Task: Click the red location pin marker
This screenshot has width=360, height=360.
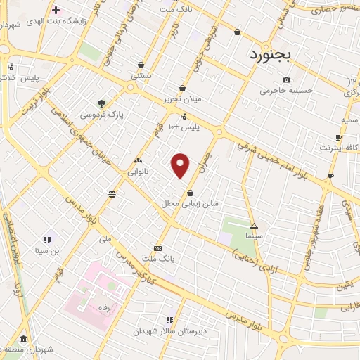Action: pyautogui.click(x=181, y=165)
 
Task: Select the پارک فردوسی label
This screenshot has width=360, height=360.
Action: pyautogui.click(x=101, y=113)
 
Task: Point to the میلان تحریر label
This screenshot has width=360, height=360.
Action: pyautogui.click(x=183, y=98)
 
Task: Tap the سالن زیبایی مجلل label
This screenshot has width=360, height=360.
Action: pyautogui.click(x=191, y=203)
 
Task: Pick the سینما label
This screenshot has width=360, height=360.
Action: pyautogui.click(x=255, y=236)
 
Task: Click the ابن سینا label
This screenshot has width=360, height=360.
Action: pyautogui.click(x=50, y=250)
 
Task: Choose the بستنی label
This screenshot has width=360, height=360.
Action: pyautogui.click(x=140, y=75)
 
